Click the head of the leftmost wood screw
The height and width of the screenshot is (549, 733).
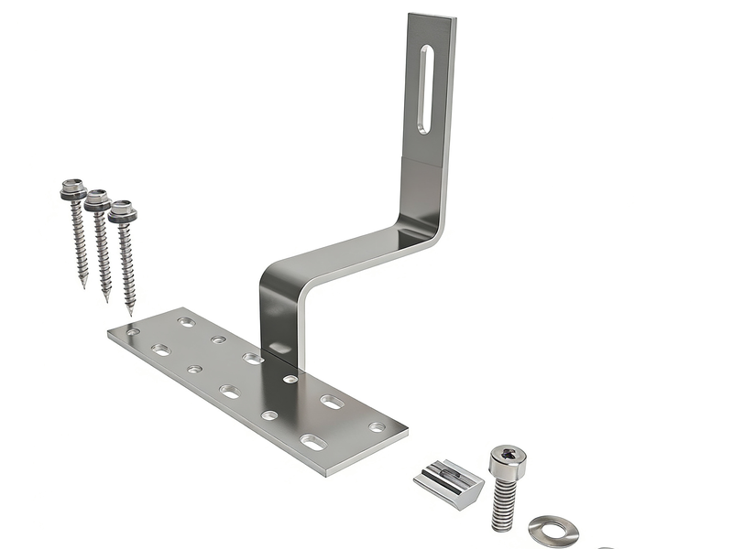coord(73,190)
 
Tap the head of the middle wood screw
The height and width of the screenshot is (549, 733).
coord(97,201)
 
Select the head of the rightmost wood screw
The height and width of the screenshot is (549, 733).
coord(122,214)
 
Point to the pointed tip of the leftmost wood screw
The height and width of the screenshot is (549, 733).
coord(84,285)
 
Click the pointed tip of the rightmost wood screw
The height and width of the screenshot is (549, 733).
coord(132,312)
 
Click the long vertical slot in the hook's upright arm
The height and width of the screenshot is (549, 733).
coord(425,90)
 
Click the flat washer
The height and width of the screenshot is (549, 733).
coord(552,530)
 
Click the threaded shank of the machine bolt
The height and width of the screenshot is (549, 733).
coord(505,503)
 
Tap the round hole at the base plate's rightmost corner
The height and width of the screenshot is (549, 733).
coord(377,426)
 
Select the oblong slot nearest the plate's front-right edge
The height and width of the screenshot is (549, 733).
coord(313,443)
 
